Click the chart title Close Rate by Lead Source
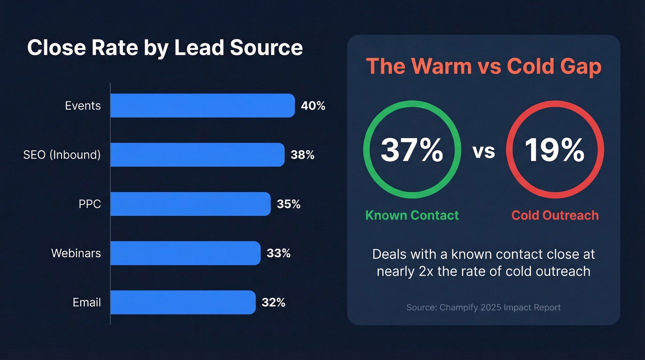(165, 48)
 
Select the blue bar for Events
(202, 106)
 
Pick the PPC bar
(190, 204)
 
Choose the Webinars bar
(185, 253)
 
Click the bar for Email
(182, 302)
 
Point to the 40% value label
(313, 106)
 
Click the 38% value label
(302, 155)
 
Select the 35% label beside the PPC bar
(288, 204)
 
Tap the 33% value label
(278, 253)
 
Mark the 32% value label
(273, 302)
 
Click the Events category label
(82, 106)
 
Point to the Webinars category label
(76, 253)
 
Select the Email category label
(87, 302)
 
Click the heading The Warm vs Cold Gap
(483, 67)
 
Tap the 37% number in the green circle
(412, 150)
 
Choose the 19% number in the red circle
(555, 150)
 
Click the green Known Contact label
(412, 215)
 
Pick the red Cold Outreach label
(555, 215)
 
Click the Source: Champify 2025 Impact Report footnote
(483, 307)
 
